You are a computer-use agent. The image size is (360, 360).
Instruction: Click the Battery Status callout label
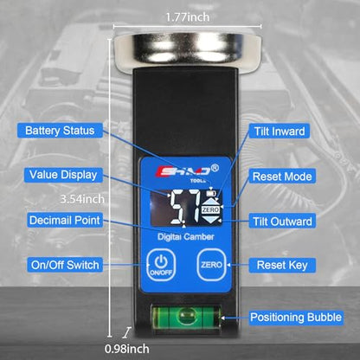(x=60, y=131)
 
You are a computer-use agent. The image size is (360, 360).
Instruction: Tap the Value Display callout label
(x=63, y=175)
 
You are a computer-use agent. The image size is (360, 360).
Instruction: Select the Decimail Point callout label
(x=65, y=220)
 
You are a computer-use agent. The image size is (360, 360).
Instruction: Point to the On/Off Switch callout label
(x=65, y=265)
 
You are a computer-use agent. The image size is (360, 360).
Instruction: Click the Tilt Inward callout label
(x=280, y=132)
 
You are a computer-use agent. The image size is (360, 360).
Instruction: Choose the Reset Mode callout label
(x=282, y=177)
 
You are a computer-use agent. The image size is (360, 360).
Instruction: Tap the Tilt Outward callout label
(x=282, y=222)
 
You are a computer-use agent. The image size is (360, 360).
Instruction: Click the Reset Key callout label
(x=282, y=265)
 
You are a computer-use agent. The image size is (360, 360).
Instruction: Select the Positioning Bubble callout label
(x=296, y=318)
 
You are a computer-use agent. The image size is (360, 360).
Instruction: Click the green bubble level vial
(x=185, y=317)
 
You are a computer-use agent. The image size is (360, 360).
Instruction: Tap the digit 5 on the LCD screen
(x=178, y=207)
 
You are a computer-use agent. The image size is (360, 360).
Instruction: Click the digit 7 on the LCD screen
(x=194, y=207)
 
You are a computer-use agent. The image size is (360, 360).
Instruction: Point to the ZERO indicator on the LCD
(x=210, y=209)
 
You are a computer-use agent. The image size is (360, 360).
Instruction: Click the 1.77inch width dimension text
(x=187, y=17)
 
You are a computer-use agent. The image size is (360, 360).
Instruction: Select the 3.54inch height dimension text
(x=82, y=199)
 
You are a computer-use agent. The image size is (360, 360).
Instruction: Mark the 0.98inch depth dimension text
(x=127, y=349)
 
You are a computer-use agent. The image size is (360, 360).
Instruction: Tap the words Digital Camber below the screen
(x=186, y=237)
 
